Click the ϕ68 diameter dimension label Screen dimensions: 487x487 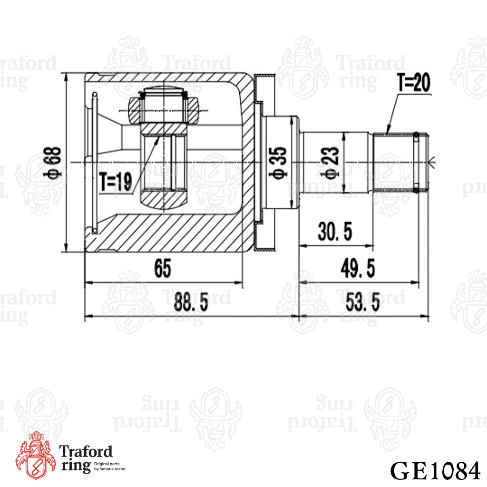click(x=52, y=162)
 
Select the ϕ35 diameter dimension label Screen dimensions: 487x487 click(x=278, y=163)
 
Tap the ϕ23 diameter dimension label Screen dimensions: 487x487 click(x=331, y=163)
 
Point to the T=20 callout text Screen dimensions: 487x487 click(x=414, y=83)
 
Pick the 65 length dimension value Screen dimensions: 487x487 click(x=163, y=268)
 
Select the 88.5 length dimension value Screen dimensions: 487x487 click(x=191, y=302)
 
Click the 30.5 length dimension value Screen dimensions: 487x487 click(x=335, y=232)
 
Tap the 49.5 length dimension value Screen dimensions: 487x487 click(x=358, y=268)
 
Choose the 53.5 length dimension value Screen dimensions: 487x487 click(x=362, y=302)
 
